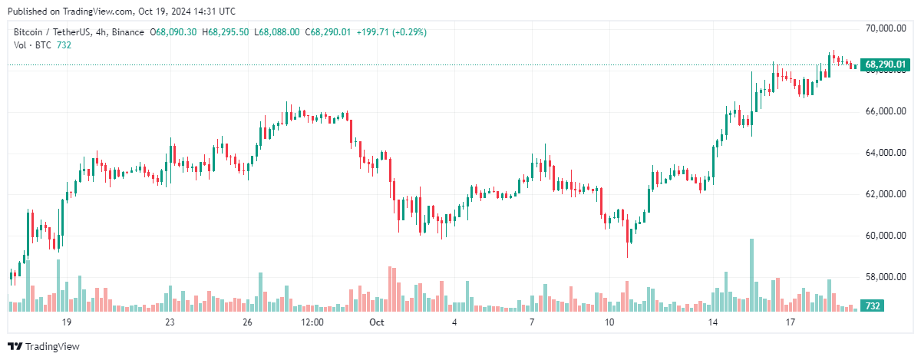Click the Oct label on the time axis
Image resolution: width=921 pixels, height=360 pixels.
376,322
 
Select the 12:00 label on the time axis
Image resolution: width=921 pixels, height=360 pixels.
312,322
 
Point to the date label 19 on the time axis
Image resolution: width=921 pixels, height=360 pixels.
67,322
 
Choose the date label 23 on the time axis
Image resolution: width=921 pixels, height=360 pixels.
170,322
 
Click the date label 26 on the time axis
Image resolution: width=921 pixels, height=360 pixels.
247,322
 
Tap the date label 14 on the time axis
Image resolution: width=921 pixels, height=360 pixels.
713,322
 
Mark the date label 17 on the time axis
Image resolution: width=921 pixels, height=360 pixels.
791,322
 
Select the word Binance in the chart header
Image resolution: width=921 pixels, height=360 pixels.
129,32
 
